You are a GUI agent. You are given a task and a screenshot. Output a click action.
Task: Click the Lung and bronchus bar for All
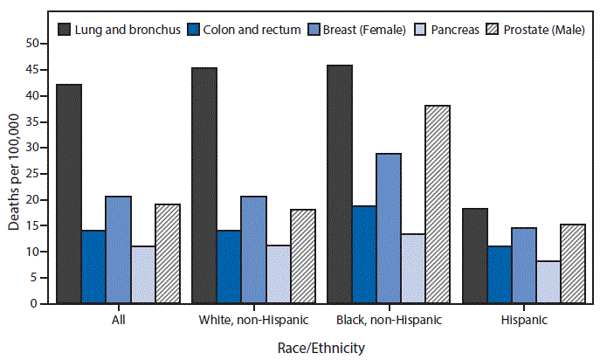[x=69, y=194]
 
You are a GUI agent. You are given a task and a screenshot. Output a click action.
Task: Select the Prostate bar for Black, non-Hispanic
[x=437, y=204]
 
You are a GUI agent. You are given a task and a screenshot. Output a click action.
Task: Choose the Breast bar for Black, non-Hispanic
[x=388, y=229]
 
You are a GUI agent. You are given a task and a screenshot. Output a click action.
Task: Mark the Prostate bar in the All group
[x=168, y=254]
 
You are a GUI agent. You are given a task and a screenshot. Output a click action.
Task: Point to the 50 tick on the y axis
[x=38, y=44]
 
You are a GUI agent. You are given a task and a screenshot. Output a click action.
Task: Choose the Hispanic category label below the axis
[x=523, y=320]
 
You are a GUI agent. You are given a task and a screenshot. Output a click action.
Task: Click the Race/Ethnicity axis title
[x=321, y=347]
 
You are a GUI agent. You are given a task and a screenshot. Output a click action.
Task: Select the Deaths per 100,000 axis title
[x=13, y=174]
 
